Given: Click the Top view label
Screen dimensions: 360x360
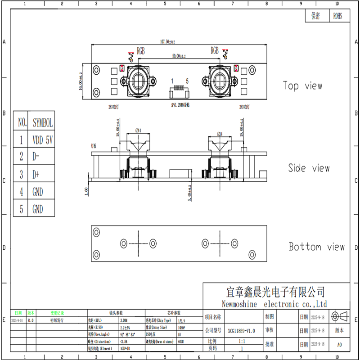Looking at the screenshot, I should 302,85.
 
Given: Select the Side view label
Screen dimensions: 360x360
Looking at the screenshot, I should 309,168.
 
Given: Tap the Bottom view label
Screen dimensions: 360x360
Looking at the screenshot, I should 316,247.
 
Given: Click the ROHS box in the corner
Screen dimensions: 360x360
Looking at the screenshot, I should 337,16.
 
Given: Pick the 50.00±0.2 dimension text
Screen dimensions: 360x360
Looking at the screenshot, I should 179,56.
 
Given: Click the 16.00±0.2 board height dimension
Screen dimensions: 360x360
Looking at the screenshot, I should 81,81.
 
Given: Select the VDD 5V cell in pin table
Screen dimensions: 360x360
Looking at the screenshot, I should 43,140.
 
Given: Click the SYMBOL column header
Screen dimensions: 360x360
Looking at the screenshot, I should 43,123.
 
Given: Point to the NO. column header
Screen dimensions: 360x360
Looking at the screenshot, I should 22,123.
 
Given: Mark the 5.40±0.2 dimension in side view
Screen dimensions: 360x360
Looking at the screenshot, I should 189,192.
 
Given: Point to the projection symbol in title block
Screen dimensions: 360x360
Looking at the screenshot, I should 340,316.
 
